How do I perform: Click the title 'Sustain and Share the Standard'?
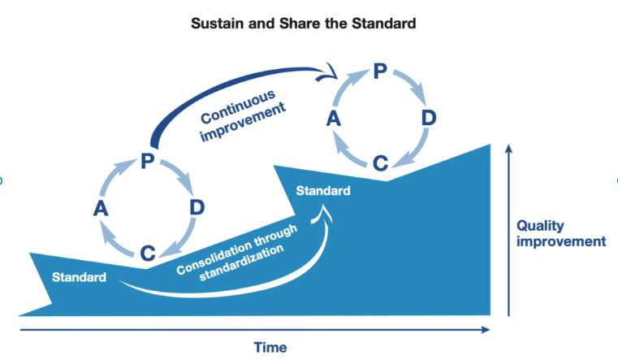click(x=303, y=24)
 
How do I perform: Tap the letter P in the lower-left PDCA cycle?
click(x=147, y=161)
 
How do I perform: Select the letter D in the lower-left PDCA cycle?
click(x=197, y=206)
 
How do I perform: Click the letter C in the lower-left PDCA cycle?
click(x=147, y=253)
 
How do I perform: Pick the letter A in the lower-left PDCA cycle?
click(x=101, y=209)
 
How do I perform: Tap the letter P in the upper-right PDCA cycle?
click(x=379, y=72)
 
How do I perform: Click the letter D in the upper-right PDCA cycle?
click(x=429, y=119)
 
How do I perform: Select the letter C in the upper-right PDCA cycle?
click(x=380, y=163)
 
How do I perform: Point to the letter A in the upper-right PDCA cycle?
click(x=334, y=119)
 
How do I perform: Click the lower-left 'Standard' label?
click(x=79, y=278)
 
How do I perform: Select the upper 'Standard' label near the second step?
click(x=323, y=191)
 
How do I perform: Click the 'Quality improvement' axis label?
click(x=561, y=233)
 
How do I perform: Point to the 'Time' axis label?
click(x=270, y=348)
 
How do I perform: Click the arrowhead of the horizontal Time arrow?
click(x=486, y=330)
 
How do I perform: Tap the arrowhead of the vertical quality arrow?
click(x=508, y=148)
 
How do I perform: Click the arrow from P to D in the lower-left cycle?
click(x=180, y=174)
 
